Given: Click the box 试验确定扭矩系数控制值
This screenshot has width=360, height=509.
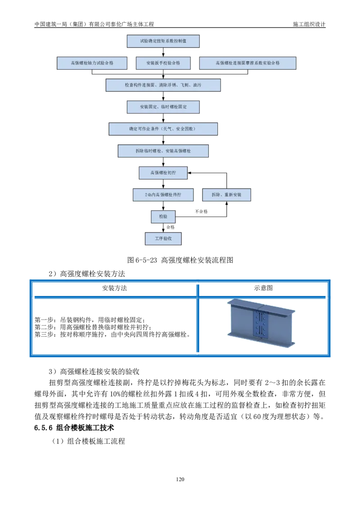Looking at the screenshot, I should (x=163, y=41).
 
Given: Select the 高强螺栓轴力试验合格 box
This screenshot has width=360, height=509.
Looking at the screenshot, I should (x=92, y=63).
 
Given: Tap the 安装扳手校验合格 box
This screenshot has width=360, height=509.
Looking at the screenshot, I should (x=163, y=63).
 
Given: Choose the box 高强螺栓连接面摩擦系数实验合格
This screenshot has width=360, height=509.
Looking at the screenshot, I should (x=247, y=63).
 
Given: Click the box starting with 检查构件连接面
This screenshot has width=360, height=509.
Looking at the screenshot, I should (x=163, y=85).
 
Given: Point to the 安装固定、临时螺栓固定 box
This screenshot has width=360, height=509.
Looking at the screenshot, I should (x=163, y=107).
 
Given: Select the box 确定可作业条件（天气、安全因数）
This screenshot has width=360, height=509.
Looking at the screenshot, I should (x=163, y=129).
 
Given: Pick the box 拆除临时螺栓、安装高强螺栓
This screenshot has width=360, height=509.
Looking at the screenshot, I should (x=163, y=151).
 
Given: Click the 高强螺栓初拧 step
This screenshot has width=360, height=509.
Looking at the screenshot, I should (x=163, y=173).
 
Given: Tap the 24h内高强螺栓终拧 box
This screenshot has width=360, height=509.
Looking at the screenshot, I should (x=163, y=195).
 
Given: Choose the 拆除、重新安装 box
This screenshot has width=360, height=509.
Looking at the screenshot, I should (x=226, y=195).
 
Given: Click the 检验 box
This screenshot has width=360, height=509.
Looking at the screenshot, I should (x=163, y=217).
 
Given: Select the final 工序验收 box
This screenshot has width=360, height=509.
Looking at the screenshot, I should (x=163, y=239).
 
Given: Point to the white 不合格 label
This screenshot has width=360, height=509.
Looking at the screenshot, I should (x=201, y=211).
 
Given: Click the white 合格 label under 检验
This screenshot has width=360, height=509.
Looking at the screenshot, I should (x=171, y=228).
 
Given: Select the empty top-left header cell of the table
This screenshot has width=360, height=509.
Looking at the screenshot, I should (x=115, y=290).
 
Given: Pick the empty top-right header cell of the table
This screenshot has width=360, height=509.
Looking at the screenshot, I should (x=262, y=290).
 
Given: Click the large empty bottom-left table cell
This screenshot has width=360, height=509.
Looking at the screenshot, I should (x=115, y=327).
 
